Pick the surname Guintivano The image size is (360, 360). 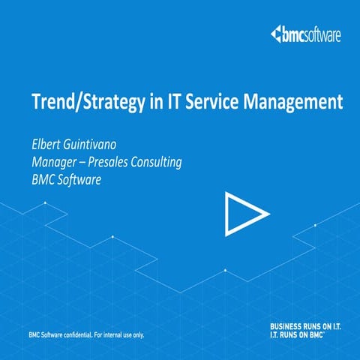[x=102, y=144]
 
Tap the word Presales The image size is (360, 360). [x=121, y=162]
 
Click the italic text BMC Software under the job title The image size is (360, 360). [x=67, y=180]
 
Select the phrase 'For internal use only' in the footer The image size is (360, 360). [x=120, y=334]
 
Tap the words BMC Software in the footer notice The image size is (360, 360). [x=43, y=334]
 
